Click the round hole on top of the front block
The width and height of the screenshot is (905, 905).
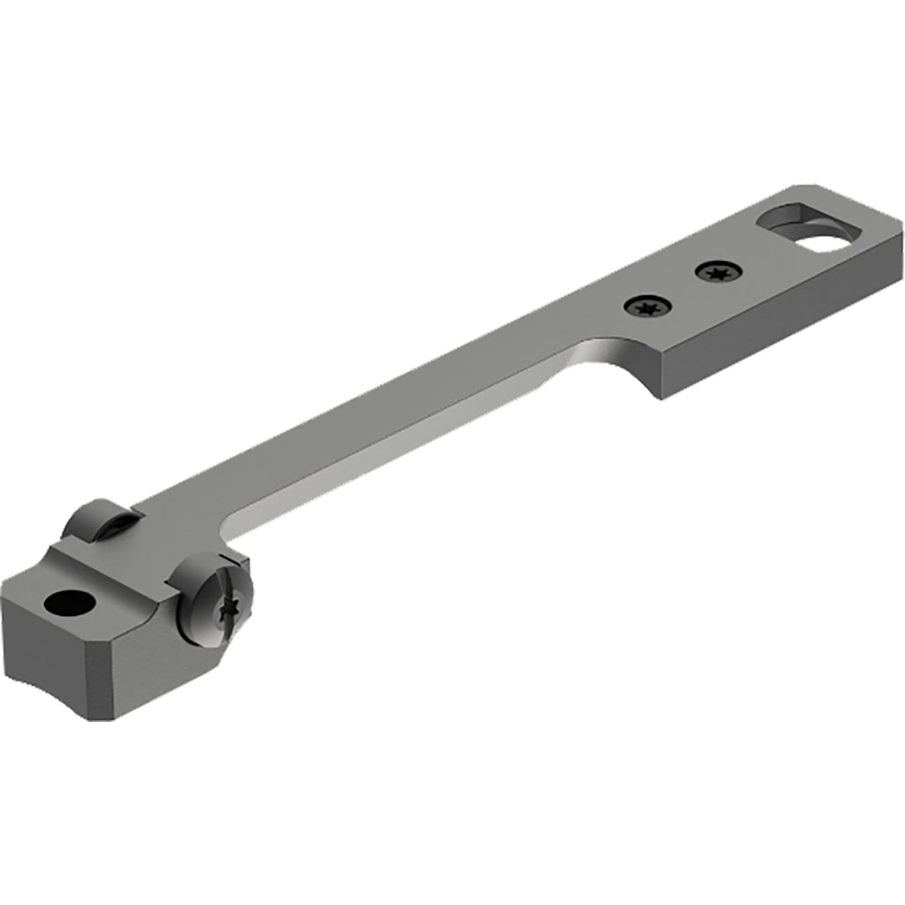coord(70,605)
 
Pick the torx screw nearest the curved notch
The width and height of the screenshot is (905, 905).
coord(647,307)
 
